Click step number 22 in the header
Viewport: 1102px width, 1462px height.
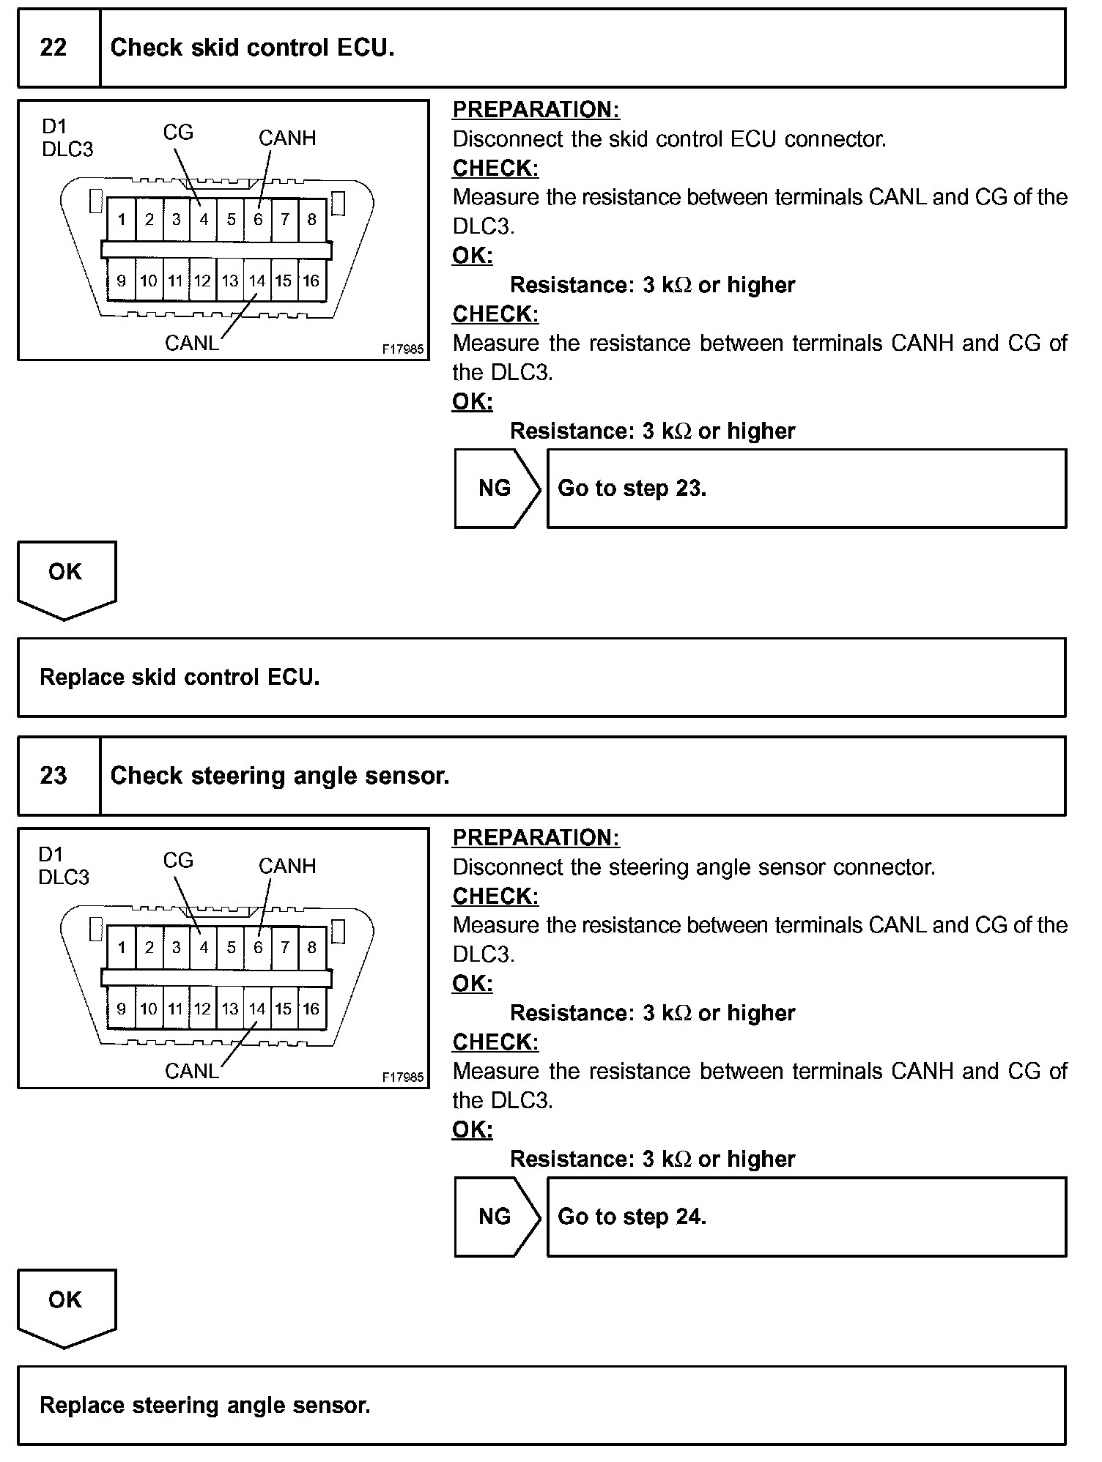tap(53, 48)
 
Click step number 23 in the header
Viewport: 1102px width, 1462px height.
tap(53, 776)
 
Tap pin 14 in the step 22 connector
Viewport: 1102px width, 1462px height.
tap(257, 281)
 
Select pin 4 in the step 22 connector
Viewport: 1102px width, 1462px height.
tap(204, 219)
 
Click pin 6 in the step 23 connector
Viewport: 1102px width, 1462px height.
tap(258, 947)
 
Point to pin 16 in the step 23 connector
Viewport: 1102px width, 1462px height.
tap(311, 1009)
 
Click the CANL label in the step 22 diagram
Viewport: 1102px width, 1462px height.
tap(192, 343)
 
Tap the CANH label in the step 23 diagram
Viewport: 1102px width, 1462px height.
tap(287, 866)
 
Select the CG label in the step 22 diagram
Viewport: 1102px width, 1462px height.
tap(178, 133)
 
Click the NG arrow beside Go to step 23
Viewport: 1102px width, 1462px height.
tap(496, 489)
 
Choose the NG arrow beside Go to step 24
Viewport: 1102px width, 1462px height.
tap(496, 1217)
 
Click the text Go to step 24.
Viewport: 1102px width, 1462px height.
tap(632, 1217)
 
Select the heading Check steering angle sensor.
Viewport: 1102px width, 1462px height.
tap(280, 776)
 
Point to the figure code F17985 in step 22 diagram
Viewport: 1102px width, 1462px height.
tap(403, 349)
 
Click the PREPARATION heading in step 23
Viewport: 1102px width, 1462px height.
tap(536, 837)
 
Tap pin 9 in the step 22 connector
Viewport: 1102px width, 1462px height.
tap(122, 281)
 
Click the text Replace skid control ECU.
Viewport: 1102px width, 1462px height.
tap(180, 677)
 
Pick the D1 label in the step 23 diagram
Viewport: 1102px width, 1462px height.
tap(51, 854)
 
